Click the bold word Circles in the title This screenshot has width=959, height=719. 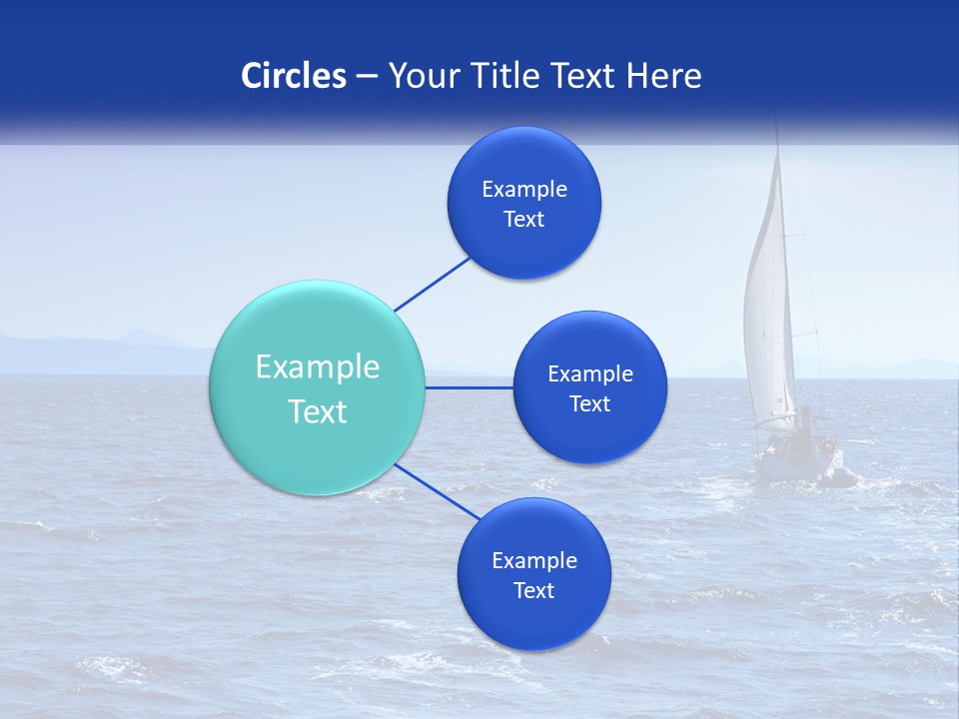pyautogui.click(x=294, y=76)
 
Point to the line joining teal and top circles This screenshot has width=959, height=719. pyautogui.click(x=433, y=285)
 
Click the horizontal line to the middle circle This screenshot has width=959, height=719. pyautogui.click(x=470, y=387)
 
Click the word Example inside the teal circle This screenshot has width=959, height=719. pyautogui.click(x=318, y=367)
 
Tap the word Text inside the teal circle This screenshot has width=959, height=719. pyautogui.click(x=318, y=411)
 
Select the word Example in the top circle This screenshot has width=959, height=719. pyautogui.click(x=524, y=189)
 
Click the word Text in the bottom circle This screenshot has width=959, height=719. pyautogui.click(x=533, y=590)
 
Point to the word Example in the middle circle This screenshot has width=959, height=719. pyautogui.click(x=590, y=373)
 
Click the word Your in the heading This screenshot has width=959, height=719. pyautogui.click(x=421, y=76)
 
